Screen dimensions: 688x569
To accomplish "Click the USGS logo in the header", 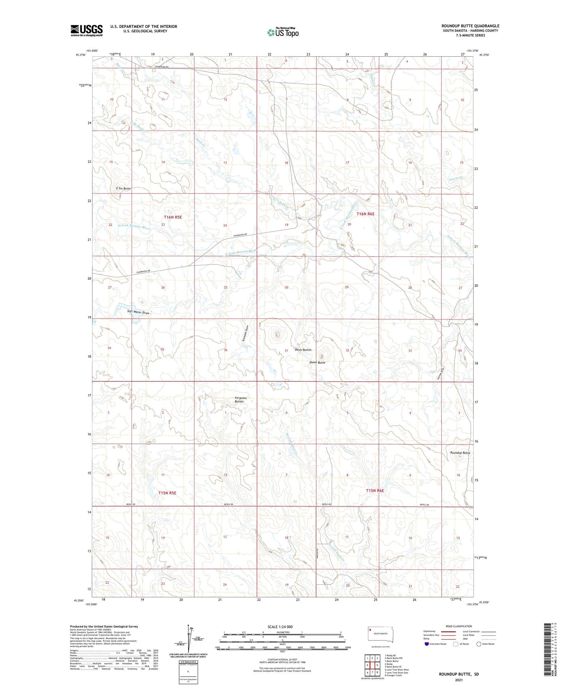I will tap(86, 30).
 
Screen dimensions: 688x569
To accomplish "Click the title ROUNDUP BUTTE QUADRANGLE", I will tap(470, 26).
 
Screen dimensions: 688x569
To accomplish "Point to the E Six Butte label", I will tap(123, 188).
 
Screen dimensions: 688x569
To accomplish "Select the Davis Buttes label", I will tap(303, 350).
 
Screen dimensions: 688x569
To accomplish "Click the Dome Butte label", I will tap(317, 363).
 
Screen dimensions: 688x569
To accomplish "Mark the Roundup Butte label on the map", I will tap(460, 453).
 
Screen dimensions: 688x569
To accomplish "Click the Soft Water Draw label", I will tap(138, 312).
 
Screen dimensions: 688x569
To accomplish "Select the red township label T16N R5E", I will tap(172, 217).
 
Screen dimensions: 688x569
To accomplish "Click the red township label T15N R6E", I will tap(374, 491).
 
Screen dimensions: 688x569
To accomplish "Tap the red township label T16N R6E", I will tap(365, 214).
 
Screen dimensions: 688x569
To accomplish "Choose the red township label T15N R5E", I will tap(167, 493).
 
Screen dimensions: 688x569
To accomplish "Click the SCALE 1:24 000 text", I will tap(280, 627).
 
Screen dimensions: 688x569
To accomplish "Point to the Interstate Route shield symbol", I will tap(427, 644).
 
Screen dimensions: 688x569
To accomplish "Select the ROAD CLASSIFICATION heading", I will tap(459, 626).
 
